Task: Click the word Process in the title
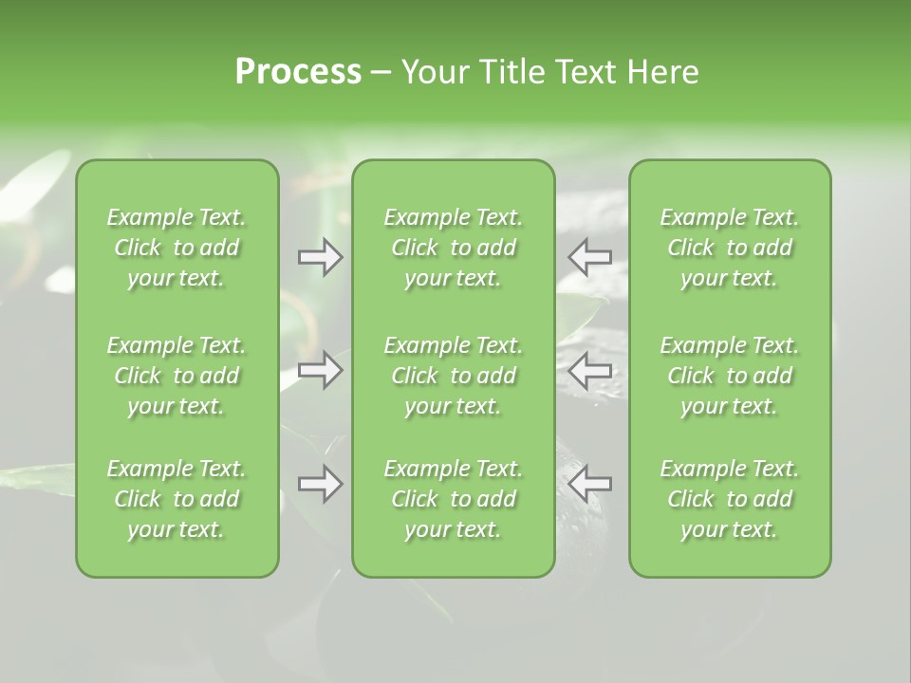pos(298,72)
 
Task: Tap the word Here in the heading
pos(662,72)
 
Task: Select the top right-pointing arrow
pos(321,257)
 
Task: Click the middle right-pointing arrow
pos(321,370)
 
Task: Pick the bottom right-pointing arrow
pos(321,484)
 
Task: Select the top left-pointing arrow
pos(589,257)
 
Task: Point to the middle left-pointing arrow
pos(589,370)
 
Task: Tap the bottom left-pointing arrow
pos(589,484)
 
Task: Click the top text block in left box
pos(177,248)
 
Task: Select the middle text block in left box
pos(177,376)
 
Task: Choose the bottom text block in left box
pos(177,499)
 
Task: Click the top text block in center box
pos(453,248)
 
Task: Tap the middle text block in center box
pos(453,376)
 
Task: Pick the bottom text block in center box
pos(453,499)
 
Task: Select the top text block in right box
pos(729,248)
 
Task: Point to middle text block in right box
pos(729,376)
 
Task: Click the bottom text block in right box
pos(729,499)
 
